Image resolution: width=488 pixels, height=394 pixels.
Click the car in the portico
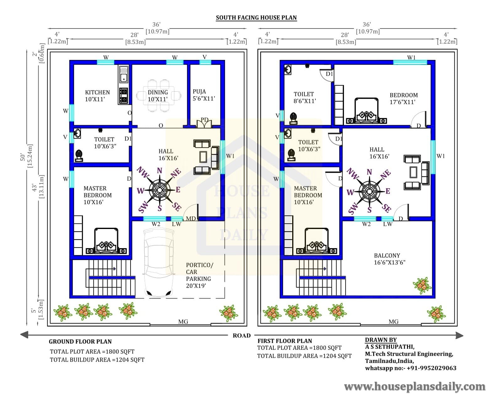pos(158,263)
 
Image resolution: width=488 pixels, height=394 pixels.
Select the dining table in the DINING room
pos(158,96)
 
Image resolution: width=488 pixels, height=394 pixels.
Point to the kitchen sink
pos(123,74)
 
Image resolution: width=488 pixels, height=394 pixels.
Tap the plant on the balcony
pos(422,285)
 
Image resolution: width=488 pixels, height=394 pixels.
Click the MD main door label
pos(190,219)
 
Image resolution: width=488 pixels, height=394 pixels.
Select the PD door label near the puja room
pos(204,120)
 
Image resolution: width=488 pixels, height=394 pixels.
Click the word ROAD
pos(241,335)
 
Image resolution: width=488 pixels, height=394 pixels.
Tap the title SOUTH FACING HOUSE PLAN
pos(256,18)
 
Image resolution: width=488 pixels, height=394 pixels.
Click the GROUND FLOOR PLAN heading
pos(80,341)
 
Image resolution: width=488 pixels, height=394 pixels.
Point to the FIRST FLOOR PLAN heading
pos(285,341)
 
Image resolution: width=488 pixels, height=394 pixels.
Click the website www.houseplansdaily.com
pos(415,386)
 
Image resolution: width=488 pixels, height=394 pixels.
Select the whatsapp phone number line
pos(410,368)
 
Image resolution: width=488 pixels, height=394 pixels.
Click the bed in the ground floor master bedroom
pos(106,241)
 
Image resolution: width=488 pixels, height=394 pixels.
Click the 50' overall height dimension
pos(23,157)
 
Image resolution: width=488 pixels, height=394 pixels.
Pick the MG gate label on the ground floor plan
pos(183,322)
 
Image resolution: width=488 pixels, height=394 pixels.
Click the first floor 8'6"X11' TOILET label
pos(304,98)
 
